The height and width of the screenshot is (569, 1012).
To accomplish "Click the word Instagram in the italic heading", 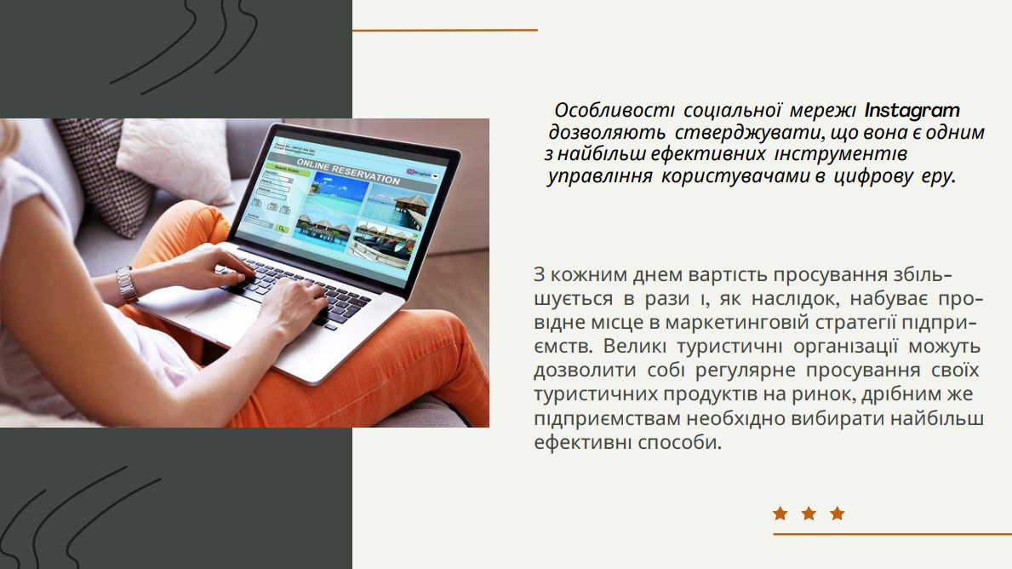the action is click(x=912, y=111).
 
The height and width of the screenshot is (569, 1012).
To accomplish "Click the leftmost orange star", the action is click(x=780, y=514).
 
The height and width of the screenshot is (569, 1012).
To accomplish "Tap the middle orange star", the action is click(x=809, y=514).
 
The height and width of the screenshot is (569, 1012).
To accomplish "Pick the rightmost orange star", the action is click(x=838, y=514).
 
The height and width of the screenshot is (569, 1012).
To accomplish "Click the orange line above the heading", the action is click(x=444, y=30).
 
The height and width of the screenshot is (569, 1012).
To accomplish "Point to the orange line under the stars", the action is click(x=893, y=534).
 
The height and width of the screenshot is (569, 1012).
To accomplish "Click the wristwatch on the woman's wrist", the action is click(x=127, y=284).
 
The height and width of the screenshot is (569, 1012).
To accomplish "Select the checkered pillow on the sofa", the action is click(x=106, y=175).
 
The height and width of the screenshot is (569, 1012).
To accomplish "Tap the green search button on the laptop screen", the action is click(x=282, y=228).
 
